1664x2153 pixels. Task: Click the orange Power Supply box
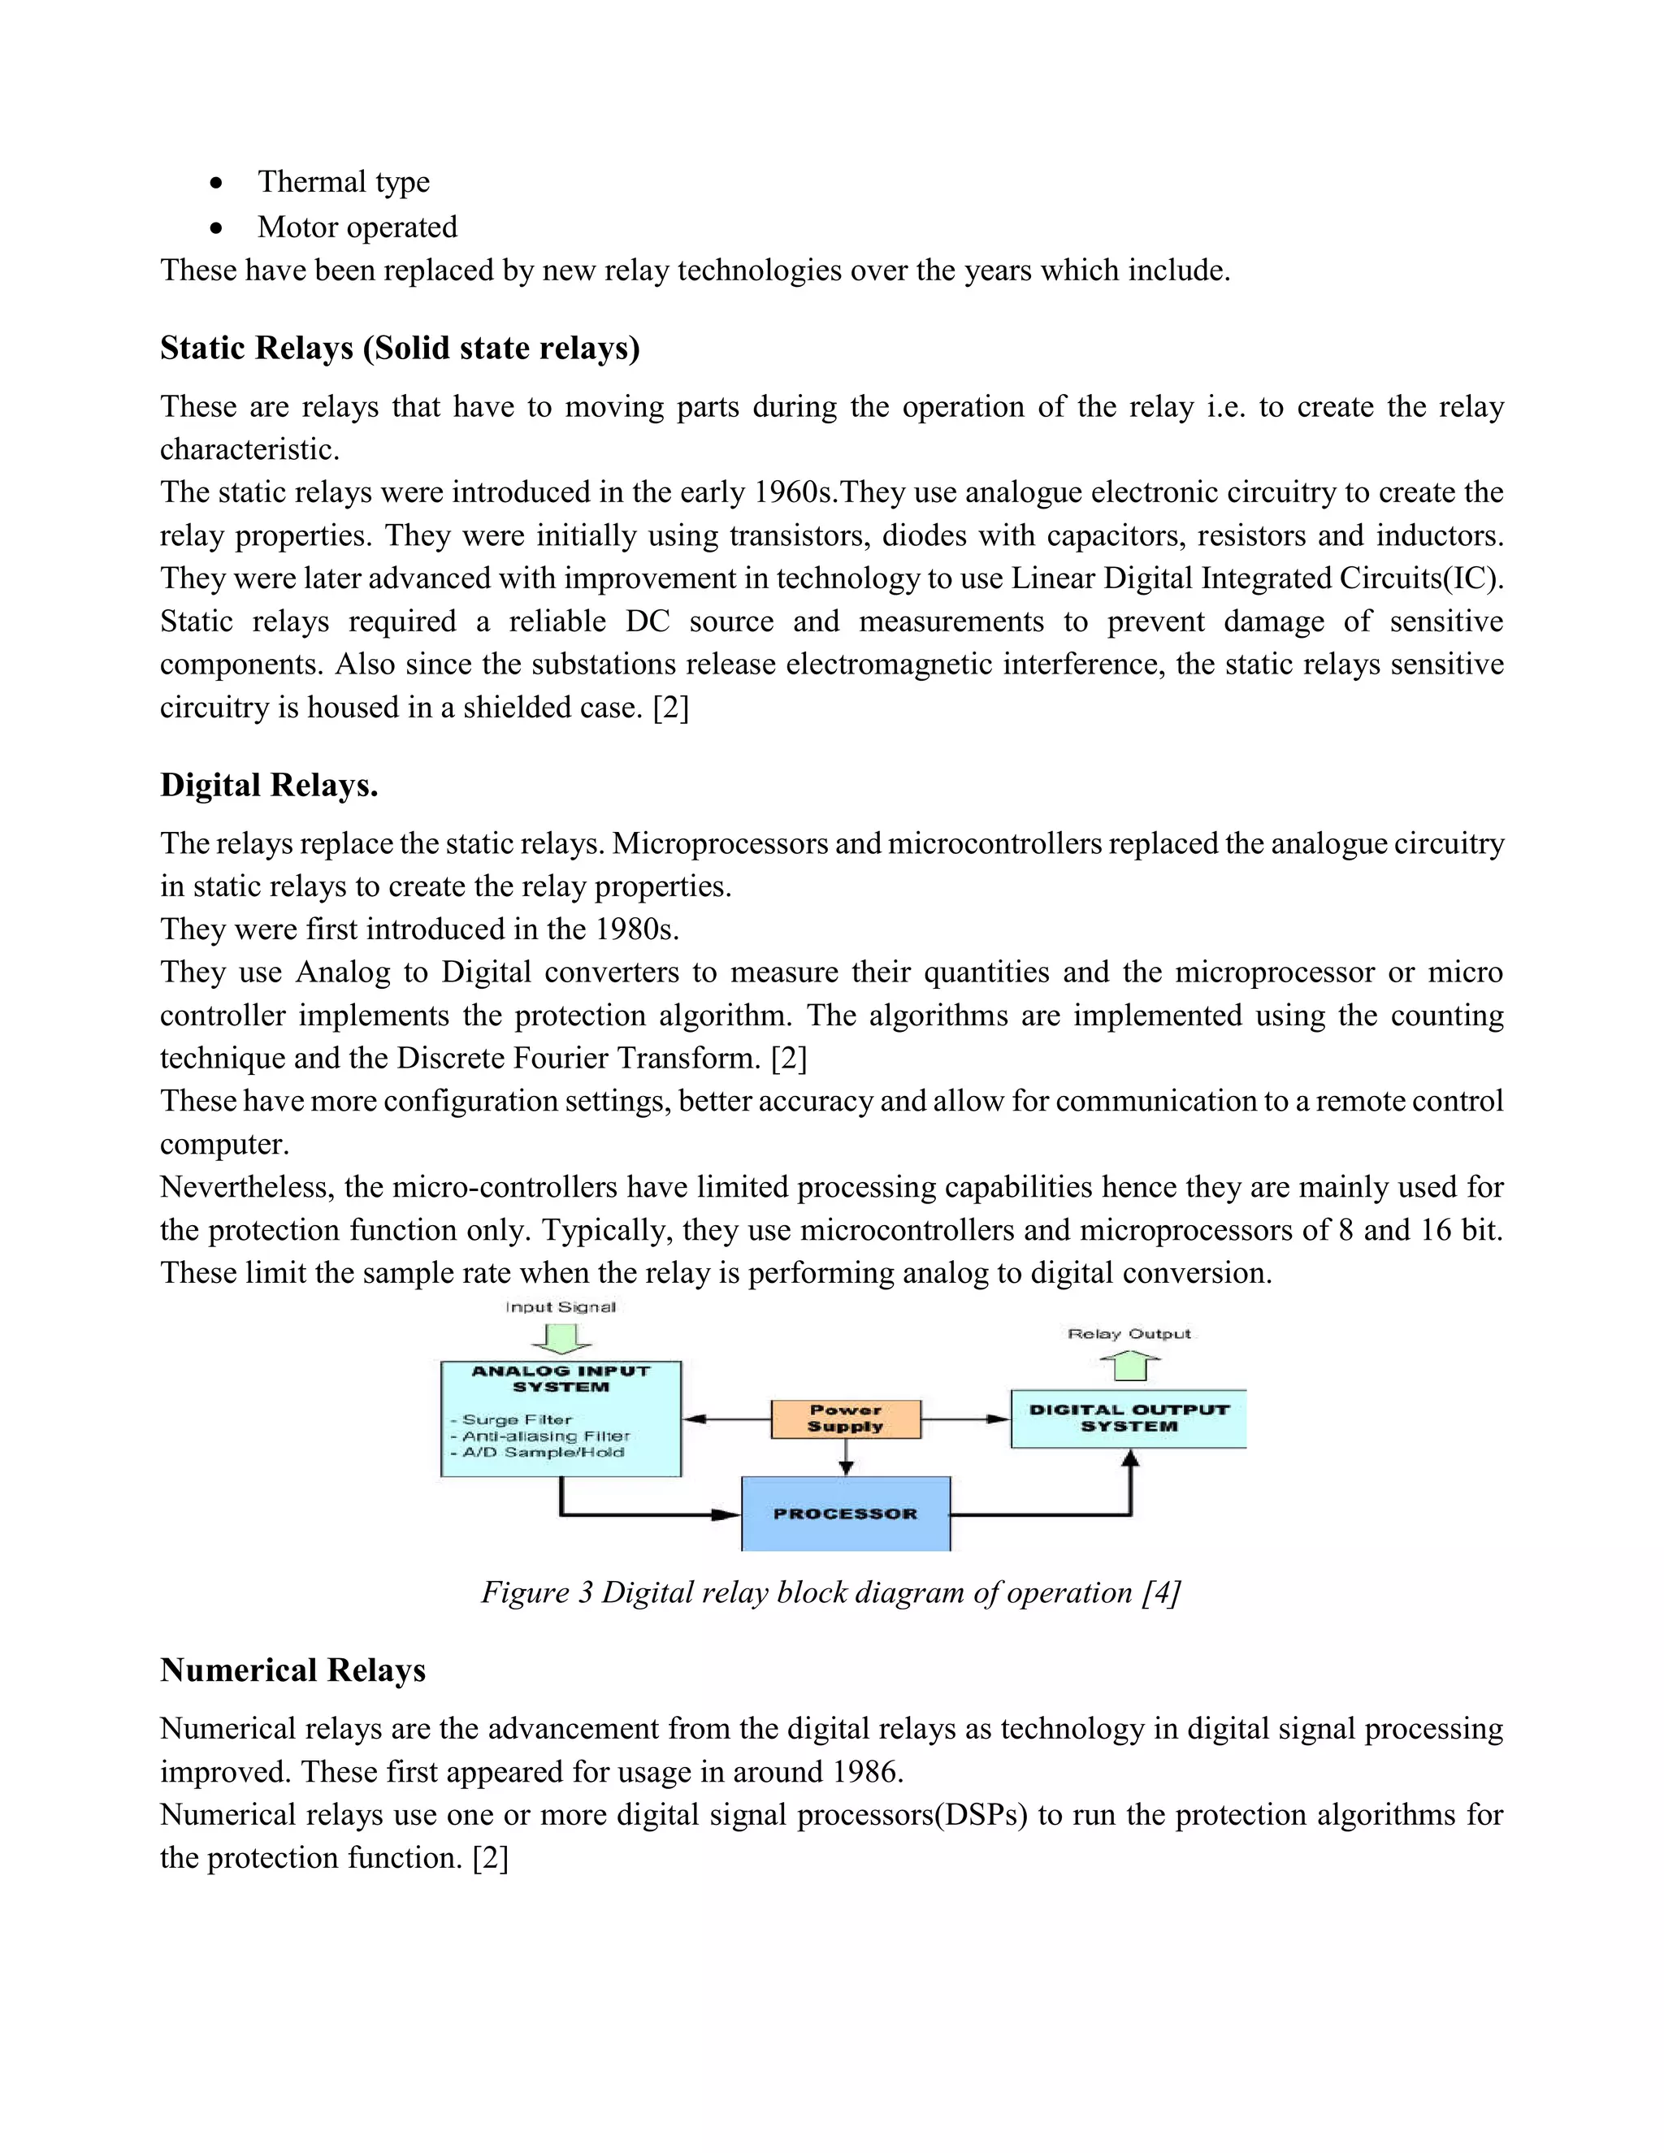pos(845,1419)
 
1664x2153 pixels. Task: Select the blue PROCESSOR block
pos(845,1514)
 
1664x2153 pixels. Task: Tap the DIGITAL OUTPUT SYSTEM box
pos(1128,1419)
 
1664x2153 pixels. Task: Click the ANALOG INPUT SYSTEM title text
pos(560,1378)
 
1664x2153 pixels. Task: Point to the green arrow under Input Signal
pos(561,1338)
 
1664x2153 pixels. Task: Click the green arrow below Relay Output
pos(1129,1366)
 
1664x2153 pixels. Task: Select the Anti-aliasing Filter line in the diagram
pos(545,1436)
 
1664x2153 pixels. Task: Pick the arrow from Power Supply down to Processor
pos(846,1457)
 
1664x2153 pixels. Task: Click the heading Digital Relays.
pos(269,785)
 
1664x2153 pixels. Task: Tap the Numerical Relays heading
pos(292,1670)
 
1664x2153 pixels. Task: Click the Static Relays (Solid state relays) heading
pos(399,348)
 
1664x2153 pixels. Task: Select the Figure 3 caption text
pos(830,1592)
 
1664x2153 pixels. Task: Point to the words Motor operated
pos(357,227)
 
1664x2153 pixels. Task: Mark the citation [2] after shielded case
pos(670,707)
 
